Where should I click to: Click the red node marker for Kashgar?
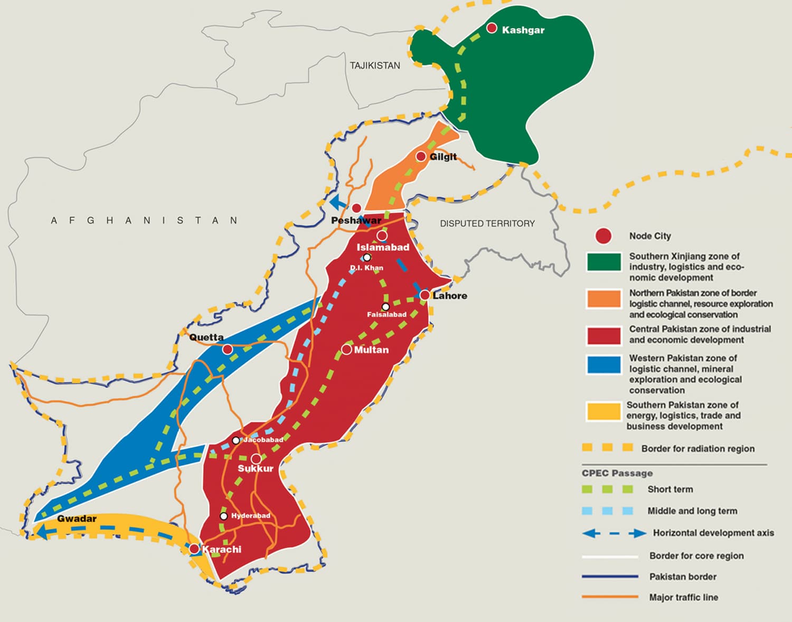(x=492, y=28)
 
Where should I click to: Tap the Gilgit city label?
(x=443, y=157)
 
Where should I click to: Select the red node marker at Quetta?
(x=228, y=349)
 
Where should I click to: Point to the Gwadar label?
(x=77, y=519)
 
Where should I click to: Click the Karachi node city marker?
(x=194, y=549)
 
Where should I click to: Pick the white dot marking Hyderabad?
(x=224, y=516)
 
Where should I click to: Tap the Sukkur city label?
(x=256, y=469)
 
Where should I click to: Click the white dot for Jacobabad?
(x=236, y=440)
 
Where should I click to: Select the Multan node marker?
(x=346, y=350)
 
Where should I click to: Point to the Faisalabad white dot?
(x=385, y=307)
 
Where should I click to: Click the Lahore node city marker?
(x=425, y=295)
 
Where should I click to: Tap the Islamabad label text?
(x=383, y=247)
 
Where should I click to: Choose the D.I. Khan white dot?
(x=366, y=258)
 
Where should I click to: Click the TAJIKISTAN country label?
(x=375, y=65)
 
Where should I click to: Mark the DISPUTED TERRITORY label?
(x=487, y=223)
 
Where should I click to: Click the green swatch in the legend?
(x=604, y=262)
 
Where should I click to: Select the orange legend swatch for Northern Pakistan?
(x=604, y=298)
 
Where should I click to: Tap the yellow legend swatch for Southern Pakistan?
(x=604, y=411)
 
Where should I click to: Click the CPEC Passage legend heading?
(x=617, y=473)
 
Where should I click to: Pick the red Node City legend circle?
(x=603, y=236)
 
